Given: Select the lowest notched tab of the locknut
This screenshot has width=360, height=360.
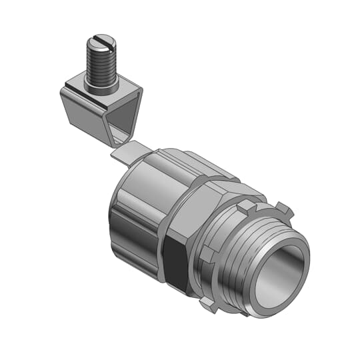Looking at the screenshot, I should coord(208,303).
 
